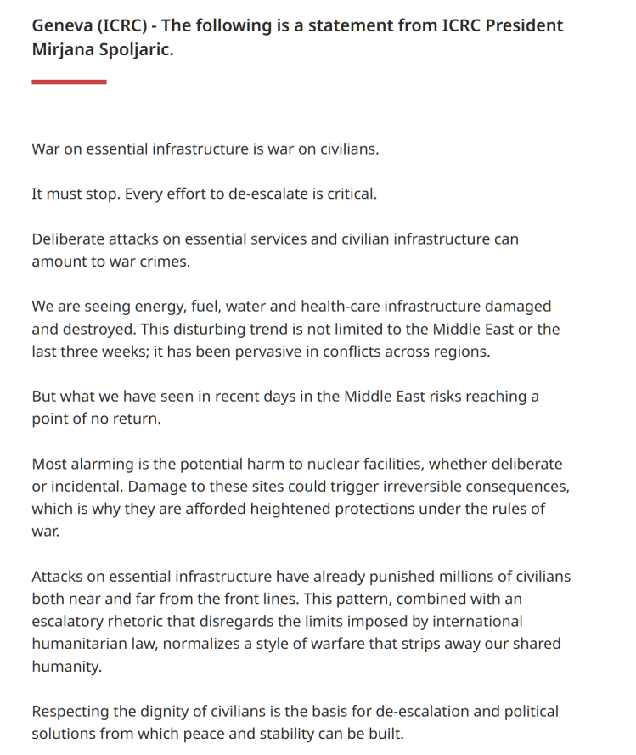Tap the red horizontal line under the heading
tap(69, 82)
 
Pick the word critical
tap(347, 194)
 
